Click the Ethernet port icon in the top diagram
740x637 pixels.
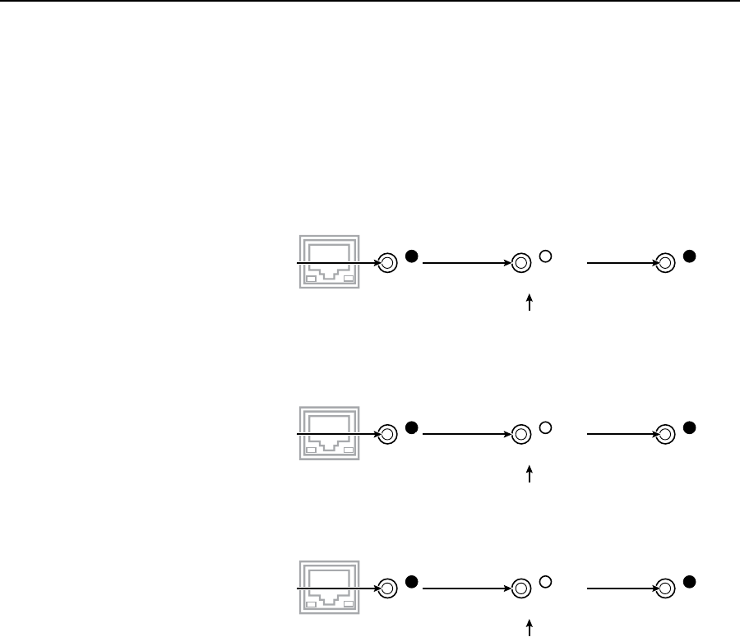[328, 262]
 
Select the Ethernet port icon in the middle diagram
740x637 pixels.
[328, 432]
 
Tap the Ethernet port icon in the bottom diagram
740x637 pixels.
[328, 588]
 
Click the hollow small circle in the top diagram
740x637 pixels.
[544, 256]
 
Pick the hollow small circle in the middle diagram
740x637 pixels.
[544, 427]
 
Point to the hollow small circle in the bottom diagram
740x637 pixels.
[544, 582]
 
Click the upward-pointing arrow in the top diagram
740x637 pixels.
[530, 302]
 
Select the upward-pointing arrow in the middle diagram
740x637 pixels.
[530, 473]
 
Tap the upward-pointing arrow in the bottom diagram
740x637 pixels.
[530, 628]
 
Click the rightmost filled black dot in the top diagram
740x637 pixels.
[690, 256]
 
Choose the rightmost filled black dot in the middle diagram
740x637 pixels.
[690, 427]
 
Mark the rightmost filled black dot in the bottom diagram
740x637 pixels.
[690, 582]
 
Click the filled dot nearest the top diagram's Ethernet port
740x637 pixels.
[412, 256]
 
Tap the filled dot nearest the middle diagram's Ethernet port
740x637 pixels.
[412, 427]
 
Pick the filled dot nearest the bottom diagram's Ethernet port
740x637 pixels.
[412, 582]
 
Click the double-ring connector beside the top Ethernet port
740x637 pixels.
[389, 264]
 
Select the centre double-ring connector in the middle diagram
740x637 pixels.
[520, 434]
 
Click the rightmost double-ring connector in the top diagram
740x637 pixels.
[667, 264]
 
